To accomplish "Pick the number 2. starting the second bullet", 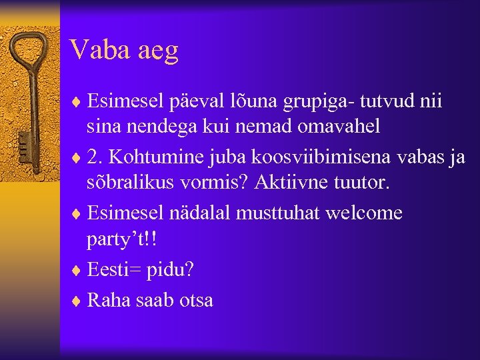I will [x=95, y=157].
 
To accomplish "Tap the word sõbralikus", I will [x=127, y=182].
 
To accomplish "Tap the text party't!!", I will [x=124, y=238].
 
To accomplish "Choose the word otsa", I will [x=196, y=300].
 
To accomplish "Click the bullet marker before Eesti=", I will [x=78, y=269].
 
